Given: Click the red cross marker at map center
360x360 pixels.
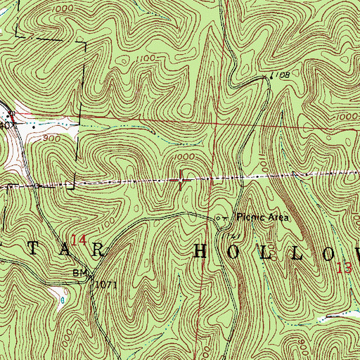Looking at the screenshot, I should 181,181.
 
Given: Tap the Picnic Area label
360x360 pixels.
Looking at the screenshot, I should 262,217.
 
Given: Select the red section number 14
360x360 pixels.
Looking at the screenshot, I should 79,240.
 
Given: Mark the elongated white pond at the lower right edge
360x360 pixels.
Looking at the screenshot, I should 336,316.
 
